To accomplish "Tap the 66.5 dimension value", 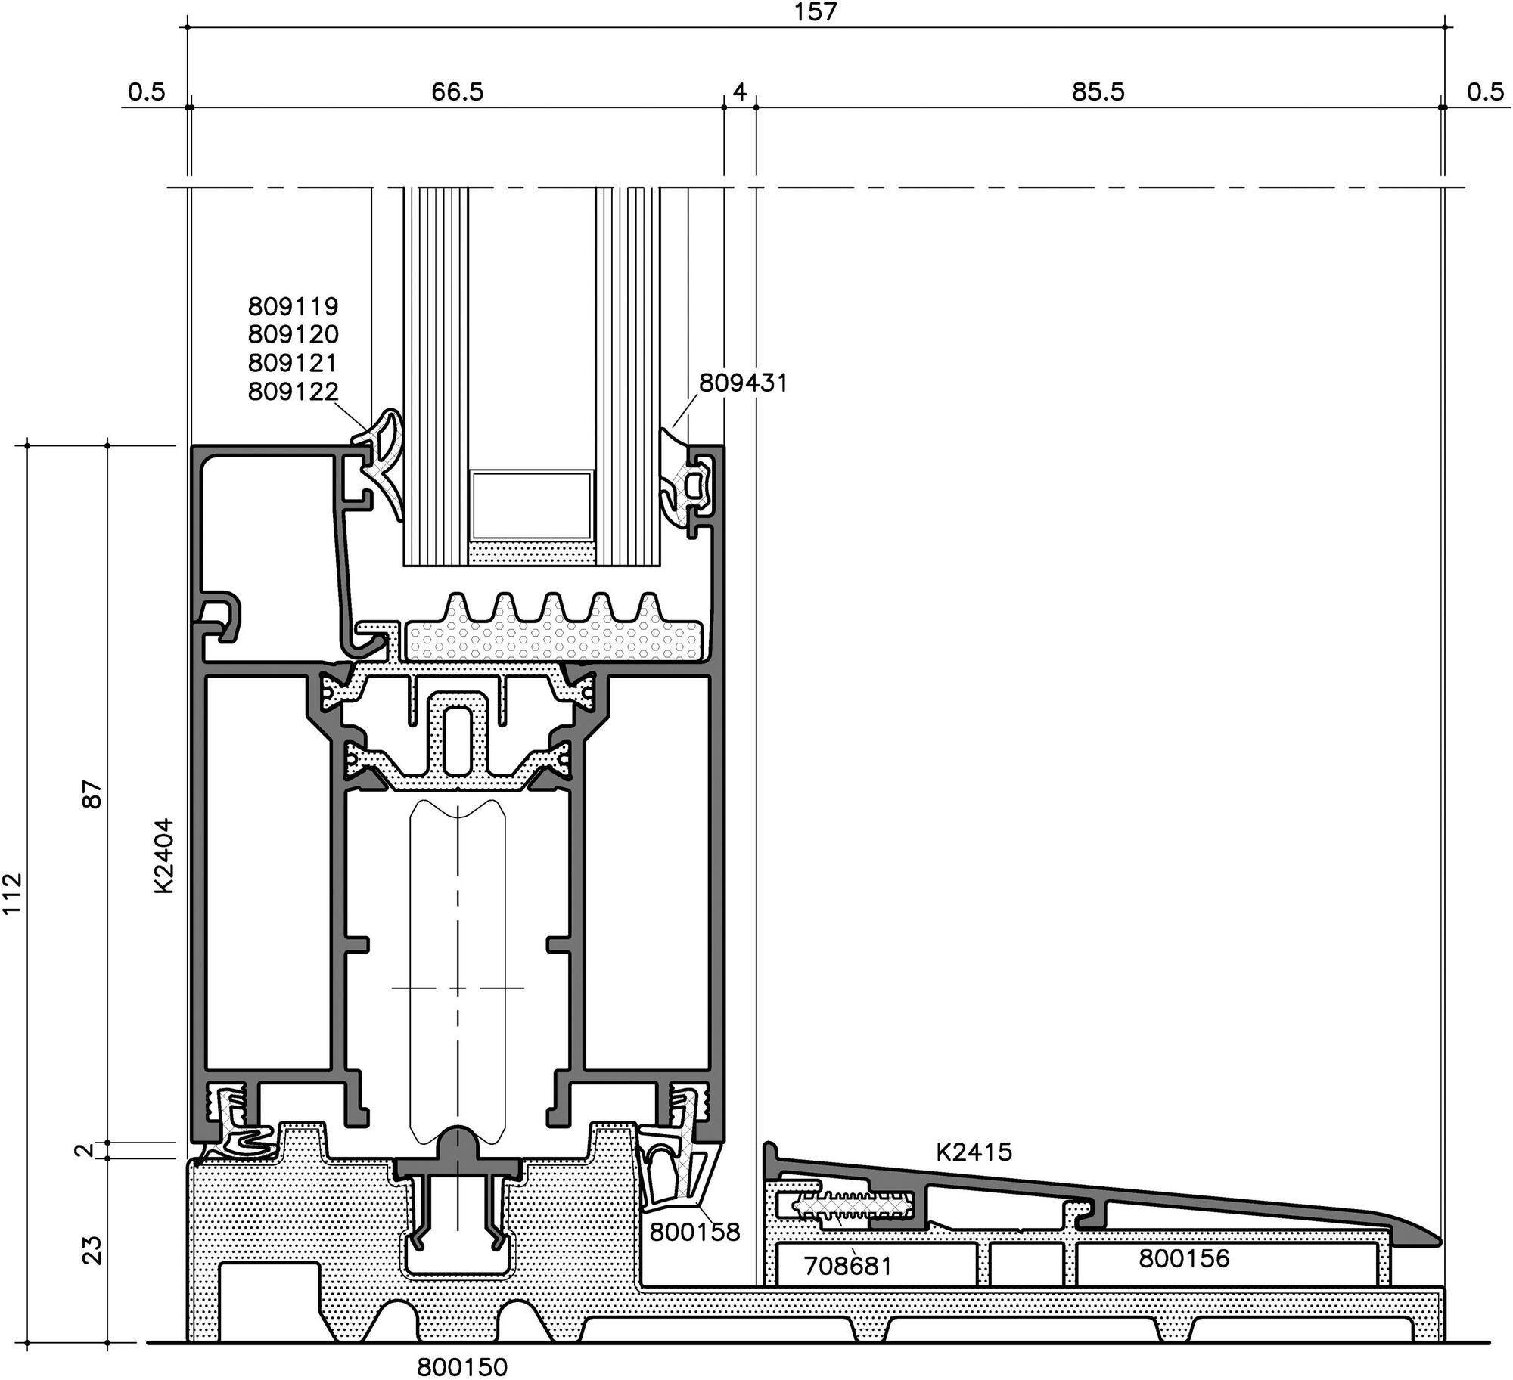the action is tap(457, 91).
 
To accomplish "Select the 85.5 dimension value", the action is tap(1098, 91).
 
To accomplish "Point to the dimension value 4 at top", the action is tap(740, 91).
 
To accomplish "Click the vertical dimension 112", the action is tap(13, 893).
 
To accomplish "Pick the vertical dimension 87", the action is tap(92, 795).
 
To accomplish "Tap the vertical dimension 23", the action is tap(92, 1250).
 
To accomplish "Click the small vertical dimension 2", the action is tap(85, 1150).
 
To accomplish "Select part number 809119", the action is tap(293, 306).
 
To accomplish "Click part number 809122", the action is tap(293, 391).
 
